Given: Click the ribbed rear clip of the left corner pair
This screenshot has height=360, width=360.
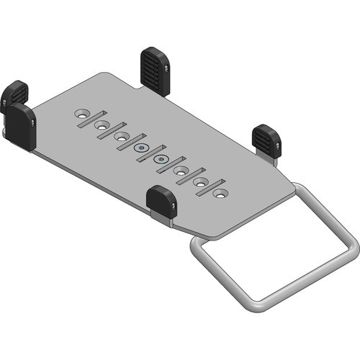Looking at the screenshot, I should pyautogui.click(x=14, y=94).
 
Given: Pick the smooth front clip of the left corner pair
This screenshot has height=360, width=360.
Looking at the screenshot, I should pyautogui.click(x=22, y=126).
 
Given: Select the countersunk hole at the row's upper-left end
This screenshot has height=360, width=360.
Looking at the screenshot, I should pyautogui.click(x=84, y=114).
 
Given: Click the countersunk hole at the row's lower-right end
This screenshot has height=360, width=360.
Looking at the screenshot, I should pyautogui.click(x=220, y=194).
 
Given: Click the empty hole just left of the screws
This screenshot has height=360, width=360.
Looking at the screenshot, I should pyautogui.click(x=121, y=136).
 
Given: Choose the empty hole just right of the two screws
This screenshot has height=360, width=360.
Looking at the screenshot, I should pyautogui.click(x=181, y=171).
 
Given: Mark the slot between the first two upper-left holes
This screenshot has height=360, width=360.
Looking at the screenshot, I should pyautogui.click(x=91, y=119).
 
